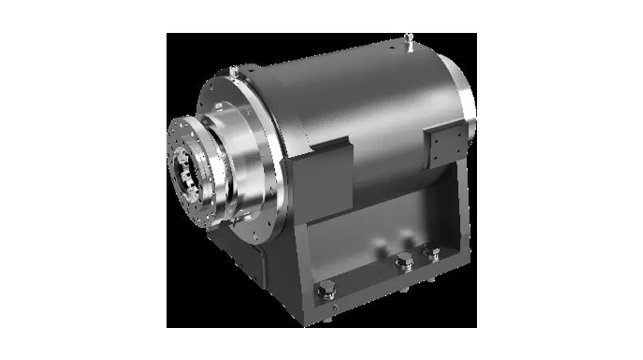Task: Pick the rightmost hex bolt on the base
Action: pyautogui.click(x=430, y=251)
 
